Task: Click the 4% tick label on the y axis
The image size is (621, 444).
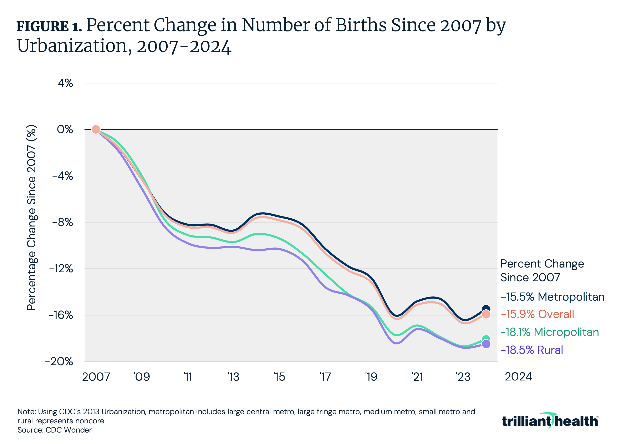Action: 65,83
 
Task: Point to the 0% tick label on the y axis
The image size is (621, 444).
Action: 65,129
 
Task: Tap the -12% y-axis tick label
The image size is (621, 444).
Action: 61,269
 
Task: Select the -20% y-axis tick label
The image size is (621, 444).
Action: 59,361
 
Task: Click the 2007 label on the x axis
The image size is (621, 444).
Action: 96,377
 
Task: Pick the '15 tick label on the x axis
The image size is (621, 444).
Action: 279,377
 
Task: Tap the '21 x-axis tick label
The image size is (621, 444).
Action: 417,377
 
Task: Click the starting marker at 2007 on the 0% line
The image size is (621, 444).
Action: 96,129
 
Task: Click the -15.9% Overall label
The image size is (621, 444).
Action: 537,314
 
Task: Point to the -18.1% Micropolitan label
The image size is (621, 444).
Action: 549,332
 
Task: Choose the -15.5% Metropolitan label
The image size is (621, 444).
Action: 553,297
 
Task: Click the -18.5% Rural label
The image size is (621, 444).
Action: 532,350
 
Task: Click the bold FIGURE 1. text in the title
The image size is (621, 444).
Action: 49,26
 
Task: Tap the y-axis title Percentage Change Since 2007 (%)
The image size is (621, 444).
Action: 31,217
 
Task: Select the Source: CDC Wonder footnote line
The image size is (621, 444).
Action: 55,430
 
